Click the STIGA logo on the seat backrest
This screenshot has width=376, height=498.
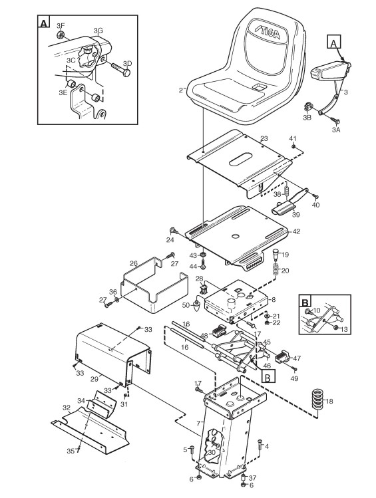(x=268, y=30)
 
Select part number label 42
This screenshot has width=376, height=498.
(x=296, y=231)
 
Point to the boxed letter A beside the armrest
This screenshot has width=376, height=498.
(x=333, y=42)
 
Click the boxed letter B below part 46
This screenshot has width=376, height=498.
(x=268, y=377)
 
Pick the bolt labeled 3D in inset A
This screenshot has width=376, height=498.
(x=120, y=69)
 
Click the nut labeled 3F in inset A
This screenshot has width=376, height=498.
(x=60, y=35)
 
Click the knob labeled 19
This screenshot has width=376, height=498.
(x=276, y=255)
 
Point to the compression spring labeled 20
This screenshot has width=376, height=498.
(x=276, y=271)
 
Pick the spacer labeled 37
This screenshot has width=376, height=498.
(x=244, y=477)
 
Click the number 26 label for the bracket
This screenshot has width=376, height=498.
(x=134, y=263)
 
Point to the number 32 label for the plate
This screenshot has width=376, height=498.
(x=67, y=407)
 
